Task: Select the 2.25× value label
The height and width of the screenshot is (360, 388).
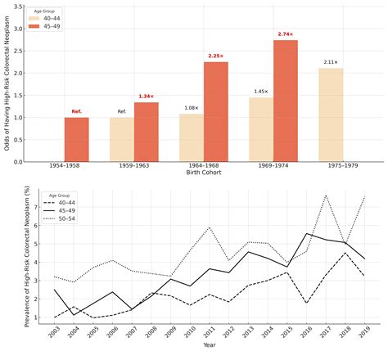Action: pos(216,56)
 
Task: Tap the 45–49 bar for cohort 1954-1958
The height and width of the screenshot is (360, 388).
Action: pos(77,139)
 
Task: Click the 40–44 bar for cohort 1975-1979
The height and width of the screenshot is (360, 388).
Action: pos(331,115)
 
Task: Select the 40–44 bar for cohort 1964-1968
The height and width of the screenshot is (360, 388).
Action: pos(192,137)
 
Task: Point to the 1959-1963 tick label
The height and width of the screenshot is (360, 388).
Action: pos(134,168)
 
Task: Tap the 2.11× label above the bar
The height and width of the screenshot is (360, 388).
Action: pos(331,62)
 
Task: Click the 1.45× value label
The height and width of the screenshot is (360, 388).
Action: pos(261,92)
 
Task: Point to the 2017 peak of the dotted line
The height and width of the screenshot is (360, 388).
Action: pos(326,195)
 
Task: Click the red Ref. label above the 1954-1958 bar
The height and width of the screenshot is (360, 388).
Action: pos(77,111)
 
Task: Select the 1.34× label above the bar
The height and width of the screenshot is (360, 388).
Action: pos(147,97)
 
